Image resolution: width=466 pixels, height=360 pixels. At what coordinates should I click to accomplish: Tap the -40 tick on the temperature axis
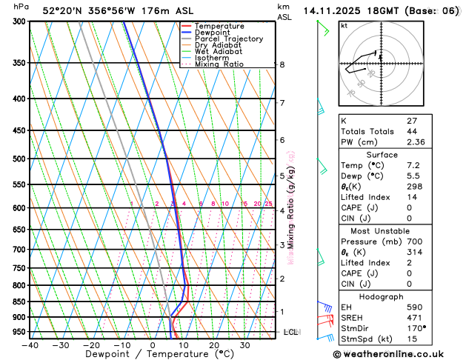coord(30,344)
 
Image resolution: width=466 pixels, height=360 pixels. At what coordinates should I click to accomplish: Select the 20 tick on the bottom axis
coord(213,344)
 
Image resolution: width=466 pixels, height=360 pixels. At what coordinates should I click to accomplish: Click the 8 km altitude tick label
coord(282,65)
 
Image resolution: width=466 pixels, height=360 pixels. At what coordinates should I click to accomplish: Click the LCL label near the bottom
coord(290,332)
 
